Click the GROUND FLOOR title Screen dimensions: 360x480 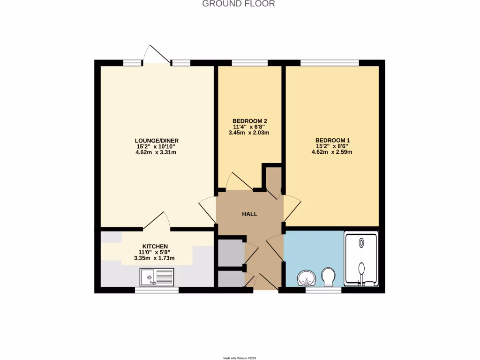(x=238, y=4)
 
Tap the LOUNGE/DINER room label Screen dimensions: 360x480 (x=157, y=141)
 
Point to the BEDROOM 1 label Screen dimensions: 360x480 (x=332, y=140)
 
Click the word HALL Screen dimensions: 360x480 (x=249, y=214)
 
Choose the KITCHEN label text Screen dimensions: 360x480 (x=155, y=247)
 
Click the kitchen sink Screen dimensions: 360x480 (x=157, y=277)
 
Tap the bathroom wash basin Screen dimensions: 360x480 (x=307, y=278)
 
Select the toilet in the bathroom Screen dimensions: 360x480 (x=328, y=277)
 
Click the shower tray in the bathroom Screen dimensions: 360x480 (x=361, y=260)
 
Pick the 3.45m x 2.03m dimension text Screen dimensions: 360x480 (x=248, y=133)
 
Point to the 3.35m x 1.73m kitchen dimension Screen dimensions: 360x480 (x=154, y=258)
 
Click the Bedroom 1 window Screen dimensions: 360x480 (x=330, y=63)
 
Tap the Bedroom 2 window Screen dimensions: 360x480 (x=249, y=63)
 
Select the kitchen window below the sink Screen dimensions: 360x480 (x=157, y=290)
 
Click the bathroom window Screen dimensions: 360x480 (x=323, y=290)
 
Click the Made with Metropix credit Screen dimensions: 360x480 (x=240, y=358)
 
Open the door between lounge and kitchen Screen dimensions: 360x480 (x=157, y=222)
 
